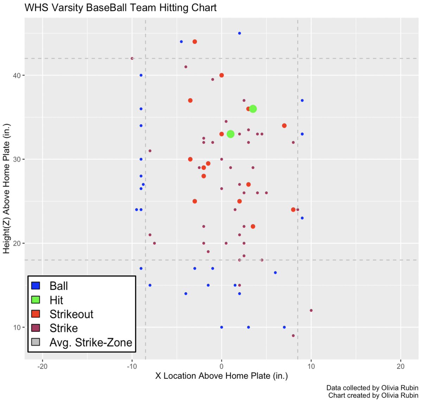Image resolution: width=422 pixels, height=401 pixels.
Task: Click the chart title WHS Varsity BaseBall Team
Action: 120,8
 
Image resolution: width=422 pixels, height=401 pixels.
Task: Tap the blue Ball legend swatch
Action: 36,286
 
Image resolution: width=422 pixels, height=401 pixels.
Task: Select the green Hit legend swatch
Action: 36,300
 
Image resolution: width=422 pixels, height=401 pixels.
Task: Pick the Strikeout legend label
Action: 71,314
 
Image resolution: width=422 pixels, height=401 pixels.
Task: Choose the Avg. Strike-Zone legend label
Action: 91,342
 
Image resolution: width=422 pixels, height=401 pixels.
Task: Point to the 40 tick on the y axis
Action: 17,75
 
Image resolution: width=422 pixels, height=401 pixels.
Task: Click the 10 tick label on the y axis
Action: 17,327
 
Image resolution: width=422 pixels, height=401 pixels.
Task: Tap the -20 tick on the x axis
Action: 42,366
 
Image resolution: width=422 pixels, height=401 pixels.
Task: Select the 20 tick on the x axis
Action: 401,366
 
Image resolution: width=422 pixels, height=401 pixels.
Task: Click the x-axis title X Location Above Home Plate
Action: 222,376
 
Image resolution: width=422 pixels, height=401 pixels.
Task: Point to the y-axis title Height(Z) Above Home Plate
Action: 7,189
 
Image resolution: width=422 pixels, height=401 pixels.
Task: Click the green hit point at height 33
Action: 230,134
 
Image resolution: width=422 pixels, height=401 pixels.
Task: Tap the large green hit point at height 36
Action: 253,109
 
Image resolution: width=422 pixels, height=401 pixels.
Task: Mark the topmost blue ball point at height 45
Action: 239,33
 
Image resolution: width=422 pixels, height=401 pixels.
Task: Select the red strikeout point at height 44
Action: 194,42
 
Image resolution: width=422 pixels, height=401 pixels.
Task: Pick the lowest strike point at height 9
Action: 293,336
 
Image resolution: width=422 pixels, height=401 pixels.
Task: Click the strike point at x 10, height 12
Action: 311,311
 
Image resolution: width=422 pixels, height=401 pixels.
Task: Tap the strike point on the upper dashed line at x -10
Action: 132,58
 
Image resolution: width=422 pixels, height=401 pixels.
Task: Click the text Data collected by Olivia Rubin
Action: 372,388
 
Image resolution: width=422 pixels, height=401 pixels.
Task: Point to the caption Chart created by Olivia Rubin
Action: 373,395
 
